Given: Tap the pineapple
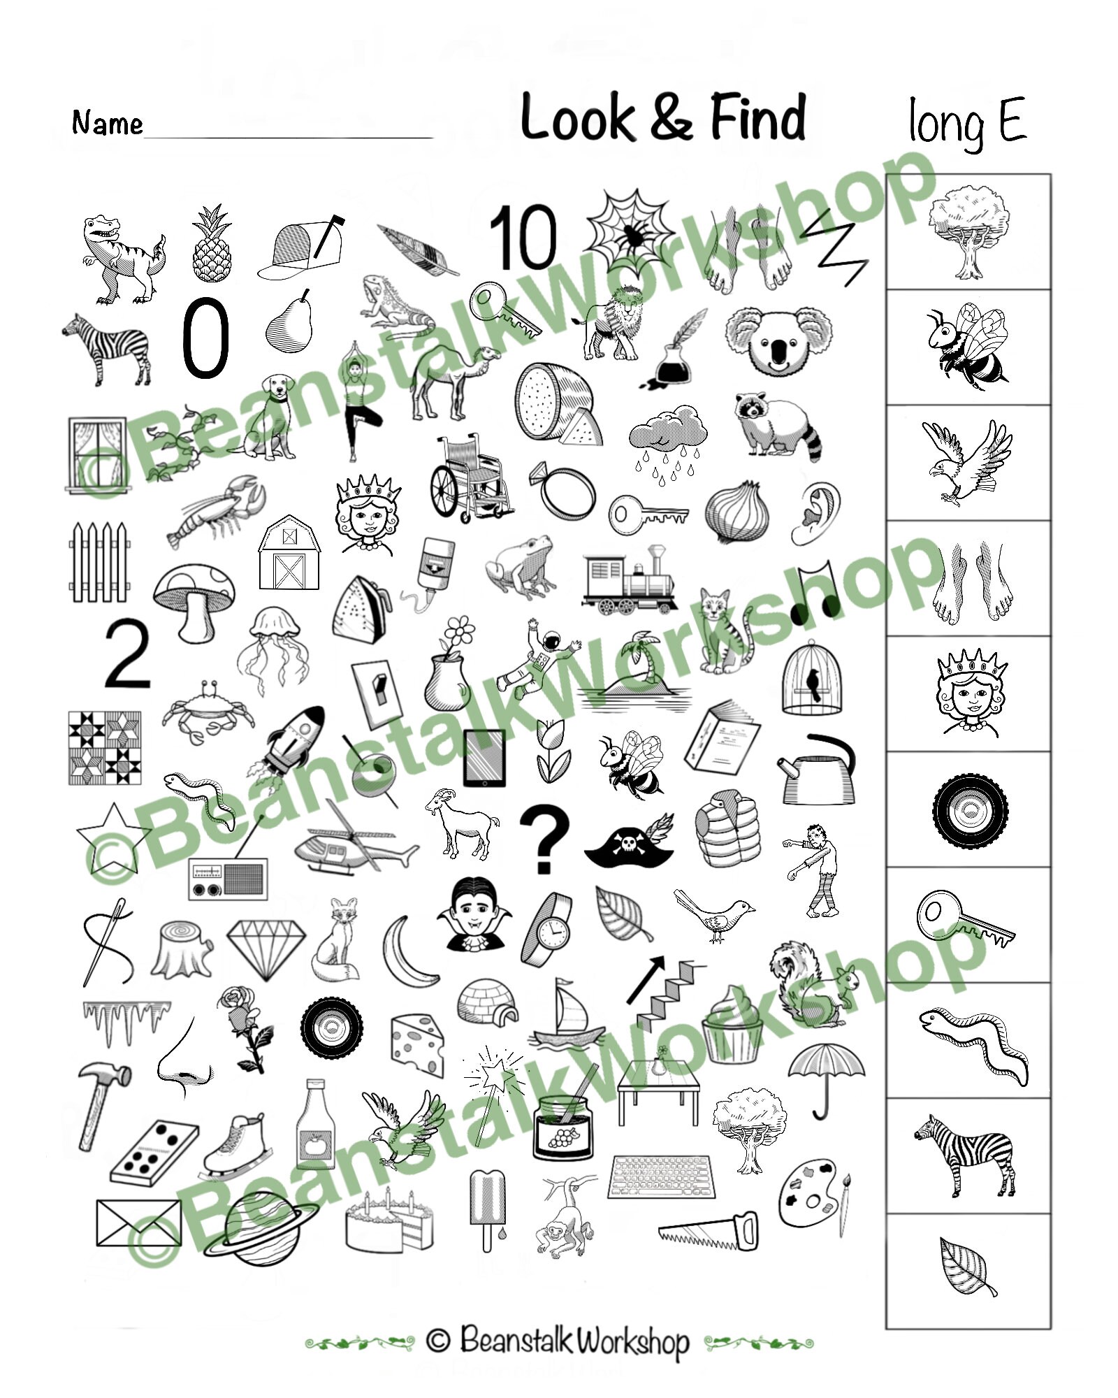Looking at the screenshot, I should pos(211,245).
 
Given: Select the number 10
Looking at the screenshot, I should pos(524,238).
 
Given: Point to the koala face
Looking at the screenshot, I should pos(778,340).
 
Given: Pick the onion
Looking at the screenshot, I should pos(732,512).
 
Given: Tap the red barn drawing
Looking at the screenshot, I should pos(289,554).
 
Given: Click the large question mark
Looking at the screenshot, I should pos(546,839).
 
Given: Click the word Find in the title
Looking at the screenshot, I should pos(758,117).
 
